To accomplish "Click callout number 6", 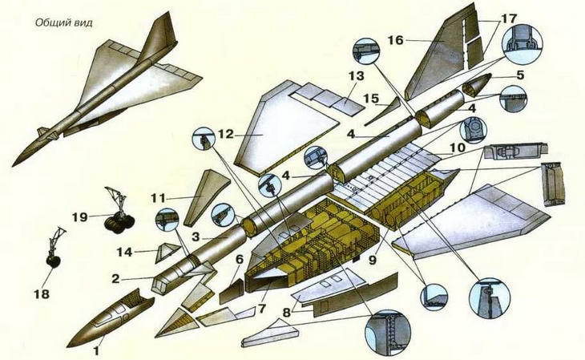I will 238,258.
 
